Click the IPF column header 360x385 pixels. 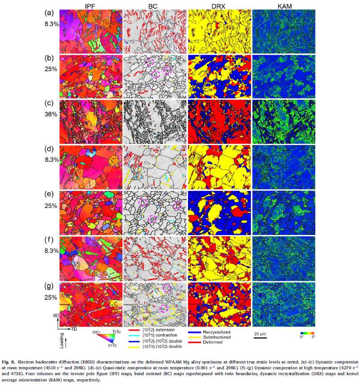click(88, 5)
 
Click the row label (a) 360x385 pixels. click(49, 13)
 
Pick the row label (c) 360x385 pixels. click(49, 104)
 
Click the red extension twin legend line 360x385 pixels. click(134, 331)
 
